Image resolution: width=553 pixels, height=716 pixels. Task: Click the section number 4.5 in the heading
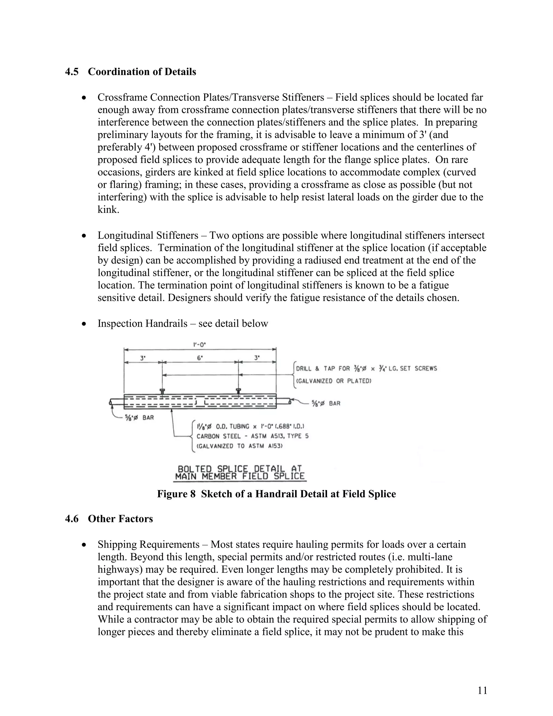tap(72, 72)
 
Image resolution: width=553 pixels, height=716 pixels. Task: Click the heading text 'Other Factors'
tap(120, 519)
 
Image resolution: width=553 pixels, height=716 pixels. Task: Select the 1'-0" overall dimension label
tap(200, 344)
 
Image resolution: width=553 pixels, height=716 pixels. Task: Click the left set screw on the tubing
tap(162, 391)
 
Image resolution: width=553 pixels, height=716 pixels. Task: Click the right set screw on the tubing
tap(238, 391)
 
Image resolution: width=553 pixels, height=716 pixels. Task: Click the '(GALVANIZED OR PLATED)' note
tap(333, 381)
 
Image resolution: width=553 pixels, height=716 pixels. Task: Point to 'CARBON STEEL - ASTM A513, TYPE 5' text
tap(252, 436)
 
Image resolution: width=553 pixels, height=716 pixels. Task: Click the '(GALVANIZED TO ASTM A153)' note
tap(239, 446)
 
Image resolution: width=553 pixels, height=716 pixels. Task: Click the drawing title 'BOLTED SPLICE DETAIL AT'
tap(240, 469)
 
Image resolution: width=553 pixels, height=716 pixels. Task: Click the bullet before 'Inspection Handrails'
tap(85, 324)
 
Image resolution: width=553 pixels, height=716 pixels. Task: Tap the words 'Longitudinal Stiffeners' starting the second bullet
tap(148, 235)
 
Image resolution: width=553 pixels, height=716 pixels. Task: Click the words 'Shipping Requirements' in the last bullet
tap(149, 544)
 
